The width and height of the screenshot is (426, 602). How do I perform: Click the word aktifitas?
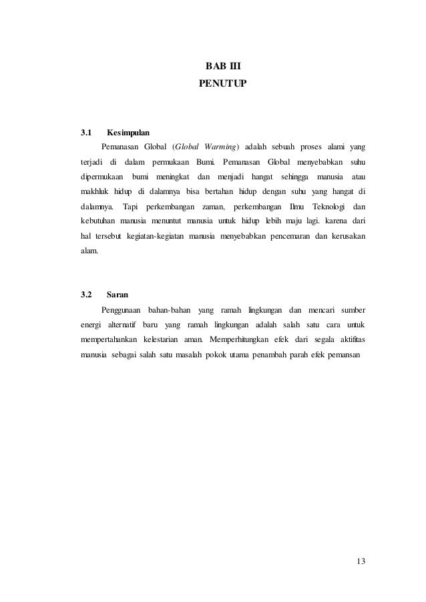coord(351,339)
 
